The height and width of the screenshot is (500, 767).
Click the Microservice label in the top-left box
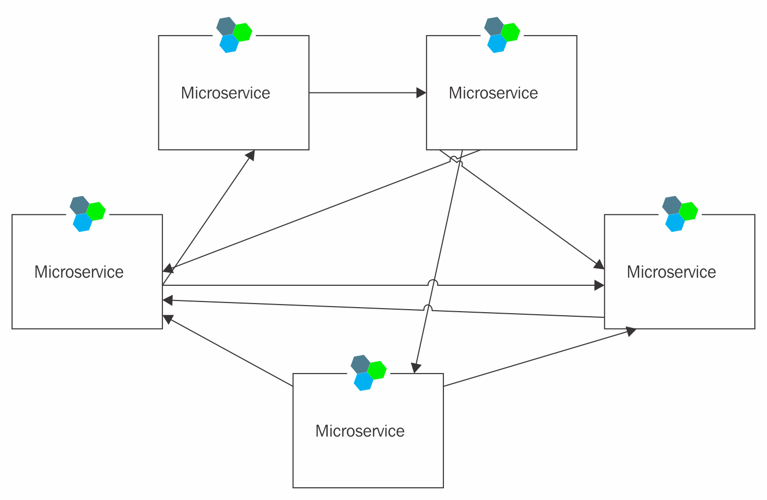225,93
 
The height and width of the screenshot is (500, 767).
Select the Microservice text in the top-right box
493,93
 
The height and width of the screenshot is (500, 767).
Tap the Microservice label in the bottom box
360,431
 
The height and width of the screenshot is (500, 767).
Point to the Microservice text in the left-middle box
79,272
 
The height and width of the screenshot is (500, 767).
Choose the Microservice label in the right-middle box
671,272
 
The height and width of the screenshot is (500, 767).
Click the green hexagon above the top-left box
243,32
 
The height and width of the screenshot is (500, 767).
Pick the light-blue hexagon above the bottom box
363,381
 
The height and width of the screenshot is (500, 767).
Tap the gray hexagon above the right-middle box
672,205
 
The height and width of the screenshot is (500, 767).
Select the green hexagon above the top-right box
511,32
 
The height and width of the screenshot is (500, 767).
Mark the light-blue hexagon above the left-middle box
82,222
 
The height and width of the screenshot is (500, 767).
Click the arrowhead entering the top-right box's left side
421,93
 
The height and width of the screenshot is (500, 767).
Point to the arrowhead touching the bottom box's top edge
415,368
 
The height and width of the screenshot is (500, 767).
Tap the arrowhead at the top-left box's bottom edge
250,155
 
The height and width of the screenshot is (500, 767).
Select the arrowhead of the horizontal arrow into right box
599,286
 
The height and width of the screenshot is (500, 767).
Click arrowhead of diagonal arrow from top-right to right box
599,264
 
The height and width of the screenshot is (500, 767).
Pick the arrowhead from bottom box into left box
167,319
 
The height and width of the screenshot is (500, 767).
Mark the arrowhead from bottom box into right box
631,331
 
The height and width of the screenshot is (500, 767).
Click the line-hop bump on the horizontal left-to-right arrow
433,283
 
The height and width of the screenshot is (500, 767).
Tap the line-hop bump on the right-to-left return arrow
428,308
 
